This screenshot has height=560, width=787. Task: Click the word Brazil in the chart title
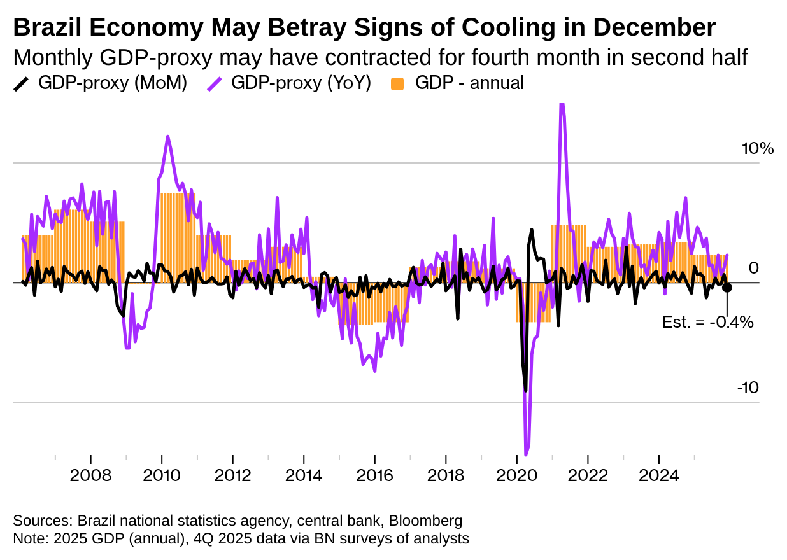[46, 27]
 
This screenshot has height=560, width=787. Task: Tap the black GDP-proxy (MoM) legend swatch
[22, 83]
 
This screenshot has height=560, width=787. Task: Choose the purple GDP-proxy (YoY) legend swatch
[215, 83]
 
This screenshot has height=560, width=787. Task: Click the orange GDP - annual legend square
[398, 83]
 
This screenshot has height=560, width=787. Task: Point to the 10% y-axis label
[757, 149]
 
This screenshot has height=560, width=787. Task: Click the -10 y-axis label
[748, 388]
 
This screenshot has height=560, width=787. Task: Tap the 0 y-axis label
[753, 267]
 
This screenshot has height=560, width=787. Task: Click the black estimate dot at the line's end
[727, 287]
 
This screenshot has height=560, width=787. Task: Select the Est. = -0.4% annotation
[707, 322]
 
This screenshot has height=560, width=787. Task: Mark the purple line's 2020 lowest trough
[526, 454]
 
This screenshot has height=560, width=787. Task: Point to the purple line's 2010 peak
[167, 136]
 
